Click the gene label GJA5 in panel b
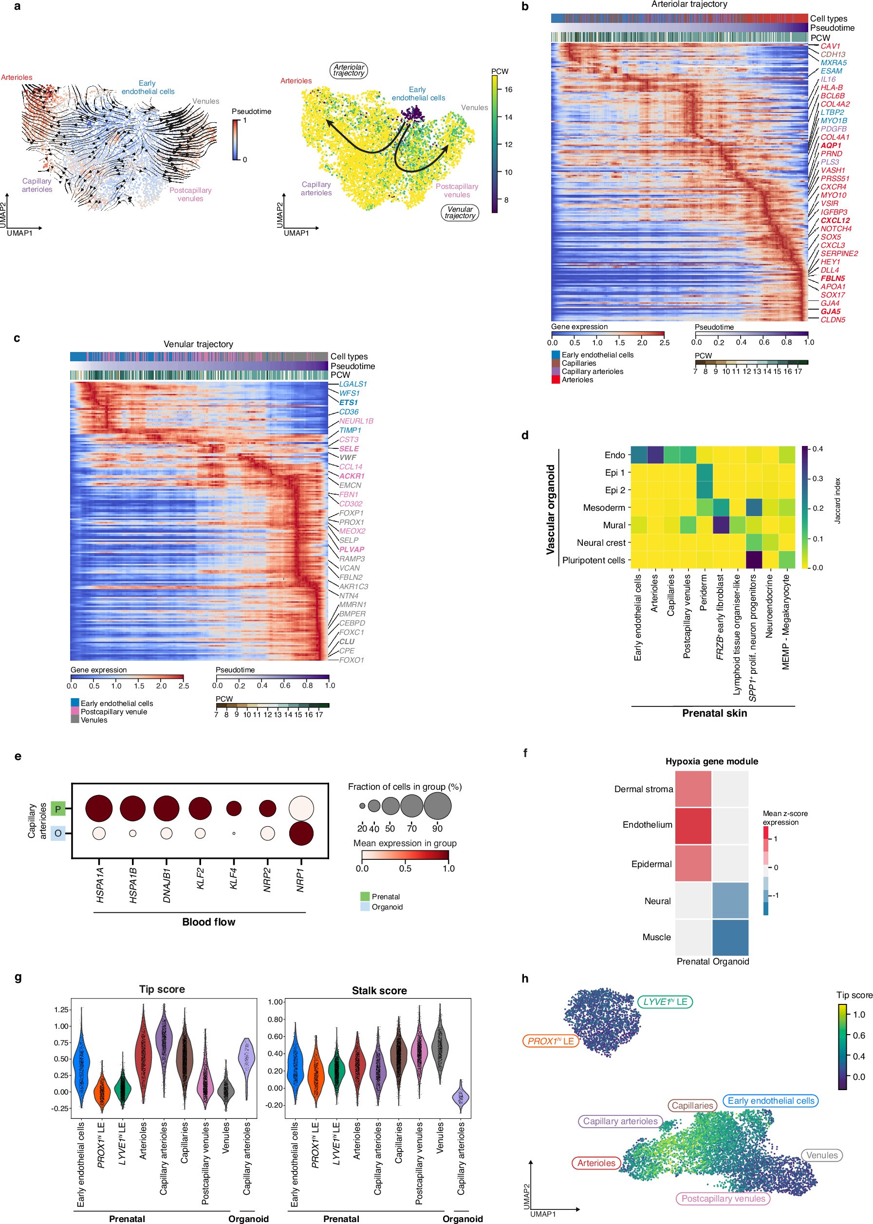tap(830, 311)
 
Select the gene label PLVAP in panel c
tap(352, 549)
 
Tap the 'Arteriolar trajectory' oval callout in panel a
tap(348, 71)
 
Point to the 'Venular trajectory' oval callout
tap(460, 213)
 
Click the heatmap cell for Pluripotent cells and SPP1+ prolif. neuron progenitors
tap(754, 559)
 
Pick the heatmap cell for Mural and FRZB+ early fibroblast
tap(721, 525)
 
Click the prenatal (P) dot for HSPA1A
tap(99, 809)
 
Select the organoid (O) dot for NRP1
tap(301, 833)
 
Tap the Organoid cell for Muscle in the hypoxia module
tap(730, 937)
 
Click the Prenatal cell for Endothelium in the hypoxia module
tap(693, 825)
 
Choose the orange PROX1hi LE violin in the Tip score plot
tap(101, 1089)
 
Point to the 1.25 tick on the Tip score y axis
tap(61, 1009)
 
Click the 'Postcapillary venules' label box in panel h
tap(723, 1198)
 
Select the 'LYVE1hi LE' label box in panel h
tap(665, 1002)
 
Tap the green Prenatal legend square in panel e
tap(365, 897)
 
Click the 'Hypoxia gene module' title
tap(711, 761)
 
